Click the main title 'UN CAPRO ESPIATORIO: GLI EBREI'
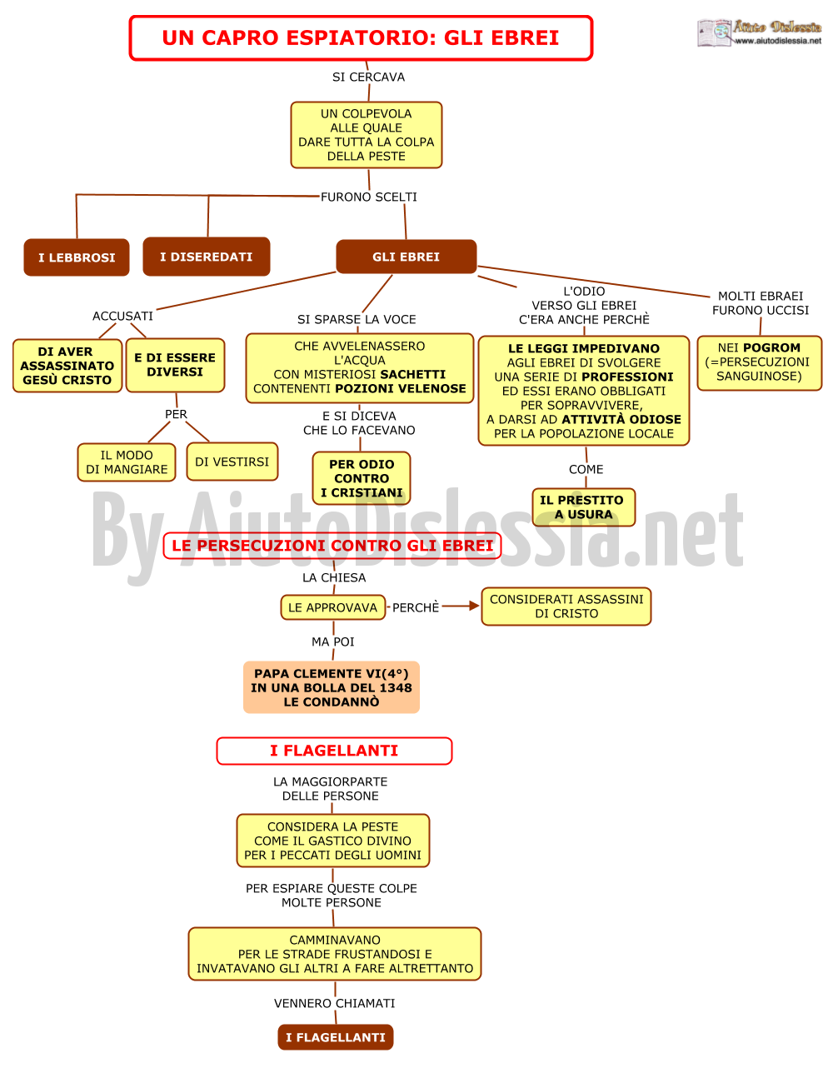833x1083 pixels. coord(360,37)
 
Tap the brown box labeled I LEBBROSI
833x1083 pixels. coord(77,257)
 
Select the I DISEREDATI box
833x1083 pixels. coord(207,257)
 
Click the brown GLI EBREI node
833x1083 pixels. coord(406,257)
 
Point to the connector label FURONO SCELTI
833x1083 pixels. coord(369,197)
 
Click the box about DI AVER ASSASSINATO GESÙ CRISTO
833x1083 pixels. coord(67,366)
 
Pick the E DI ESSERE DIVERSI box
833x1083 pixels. coord(175,365)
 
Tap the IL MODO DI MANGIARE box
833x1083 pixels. coord(127,462)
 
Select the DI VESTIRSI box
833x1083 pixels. coord(232,462)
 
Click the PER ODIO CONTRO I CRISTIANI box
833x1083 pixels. coord(362,478)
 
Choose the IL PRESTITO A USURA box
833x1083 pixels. coord(584,507)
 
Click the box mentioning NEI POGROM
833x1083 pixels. coord(759,362)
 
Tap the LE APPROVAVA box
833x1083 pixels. coord(333,607)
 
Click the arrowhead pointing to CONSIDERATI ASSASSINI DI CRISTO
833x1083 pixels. coord(474,606)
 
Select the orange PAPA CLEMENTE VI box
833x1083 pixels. coord(332,687)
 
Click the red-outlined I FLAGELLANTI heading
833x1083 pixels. coord(334,751)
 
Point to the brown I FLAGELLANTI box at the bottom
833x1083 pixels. coord(336,1037)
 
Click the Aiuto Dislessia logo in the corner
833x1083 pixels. coord(759,32)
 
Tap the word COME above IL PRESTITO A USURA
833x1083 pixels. coord(586,469)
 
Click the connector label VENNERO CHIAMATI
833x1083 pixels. coord(334,1003)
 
